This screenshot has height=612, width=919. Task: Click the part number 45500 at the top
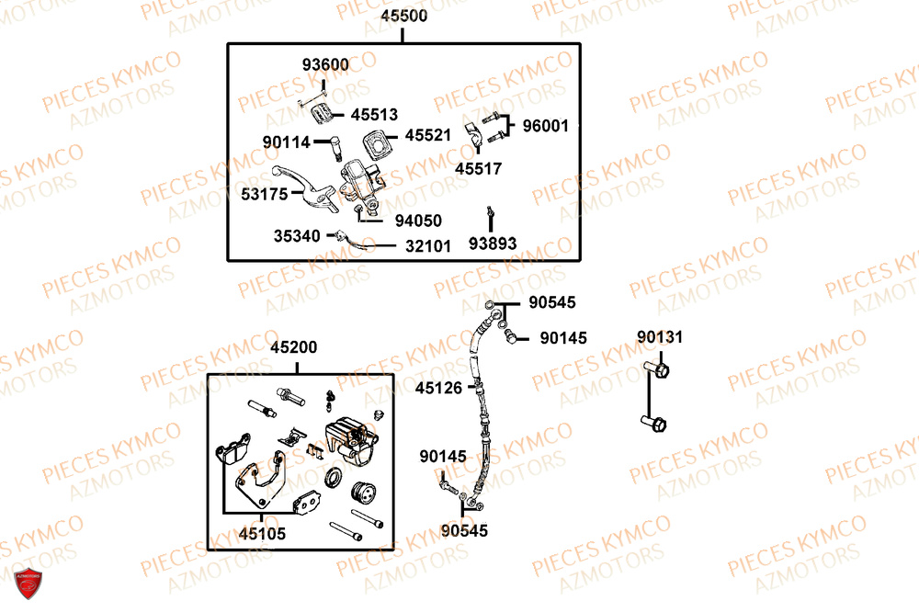pyautogui.click(x=403, y=16)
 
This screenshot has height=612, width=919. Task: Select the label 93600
pyautogui.click(x=325, y=64)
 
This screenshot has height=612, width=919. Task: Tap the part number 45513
pyautogui.click(x=374, y=114)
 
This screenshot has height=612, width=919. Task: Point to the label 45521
pyautogui.click(x=428, y=135)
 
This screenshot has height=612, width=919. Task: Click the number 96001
pyautogui.click(x=545, y=126)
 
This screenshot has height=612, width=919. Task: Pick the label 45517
pyautogui.click(x=478, y=169)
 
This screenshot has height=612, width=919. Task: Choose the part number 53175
pyautogui.click(x=265, y=194)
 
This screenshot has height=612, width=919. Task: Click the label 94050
pyautogui.click(x=418, y=221)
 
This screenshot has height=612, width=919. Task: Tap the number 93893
pyautogui.click(x=493, y=244)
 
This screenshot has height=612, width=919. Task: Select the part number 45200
pyautogui.click(x=294, y=347)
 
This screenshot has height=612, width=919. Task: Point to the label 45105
pyautogui.click(x=262, y=534)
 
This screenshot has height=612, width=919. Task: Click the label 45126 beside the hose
pyautogui.click(x=438, y=388)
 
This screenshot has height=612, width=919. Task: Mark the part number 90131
pyautogui.click(x=660, y=337)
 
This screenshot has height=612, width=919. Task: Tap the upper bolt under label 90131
pyautogui.click(x=656, y=369)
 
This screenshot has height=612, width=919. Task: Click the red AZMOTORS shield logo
pyautogui.click(x=28, y=583)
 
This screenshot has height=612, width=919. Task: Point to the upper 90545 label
pyautogui.click(x=552, y=302)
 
